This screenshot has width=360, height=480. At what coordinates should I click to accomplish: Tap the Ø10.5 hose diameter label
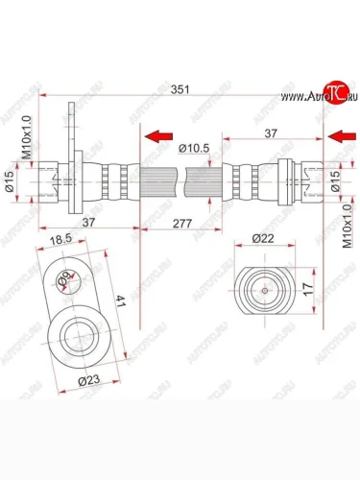point(195,147)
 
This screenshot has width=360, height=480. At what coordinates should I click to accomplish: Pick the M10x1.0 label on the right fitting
point(347,229)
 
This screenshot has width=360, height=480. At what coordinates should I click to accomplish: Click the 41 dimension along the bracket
point(120,301)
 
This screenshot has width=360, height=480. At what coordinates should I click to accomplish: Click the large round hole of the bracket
point(80,337)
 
